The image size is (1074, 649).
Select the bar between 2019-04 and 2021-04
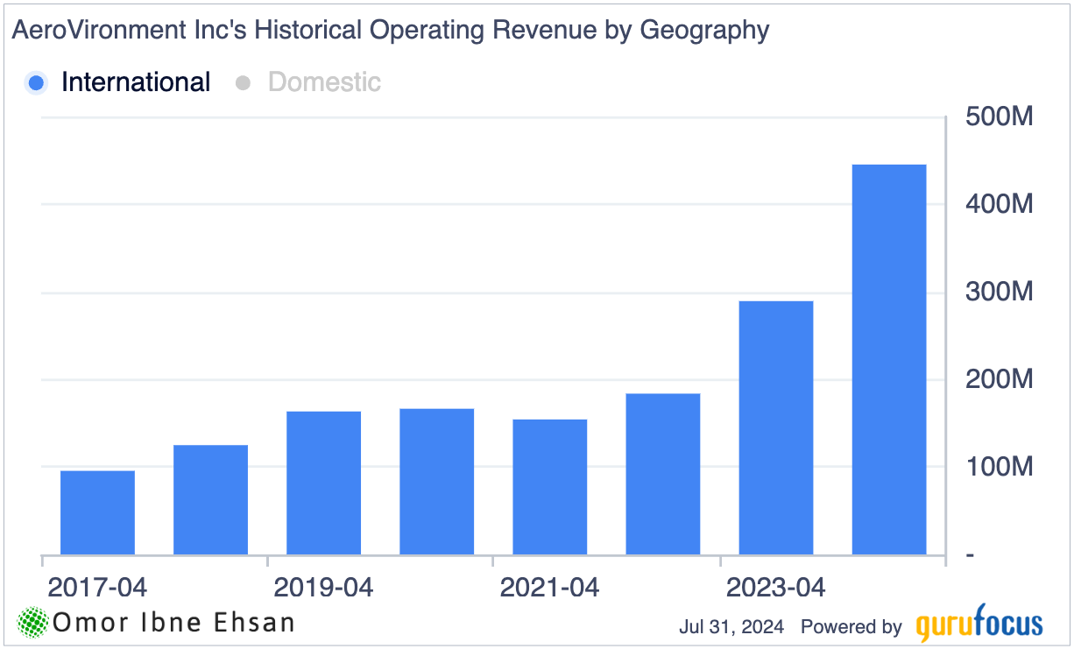(x=436, y=482)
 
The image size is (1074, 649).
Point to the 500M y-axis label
(x=1000, y=116)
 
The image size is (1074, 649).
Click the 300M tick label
(x=1000, y=292)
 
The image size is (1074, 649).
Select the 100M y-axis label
(x=1000, y=467)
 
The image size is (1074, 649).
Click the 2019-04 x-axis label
(x=323, y=587)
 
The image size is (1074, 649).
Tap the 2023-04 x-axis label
(x=776, y=587)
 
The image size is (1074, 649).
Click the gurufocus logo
(x=979, y=624)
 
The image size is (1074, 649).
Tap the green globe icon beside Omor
(x=33, y=623)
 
